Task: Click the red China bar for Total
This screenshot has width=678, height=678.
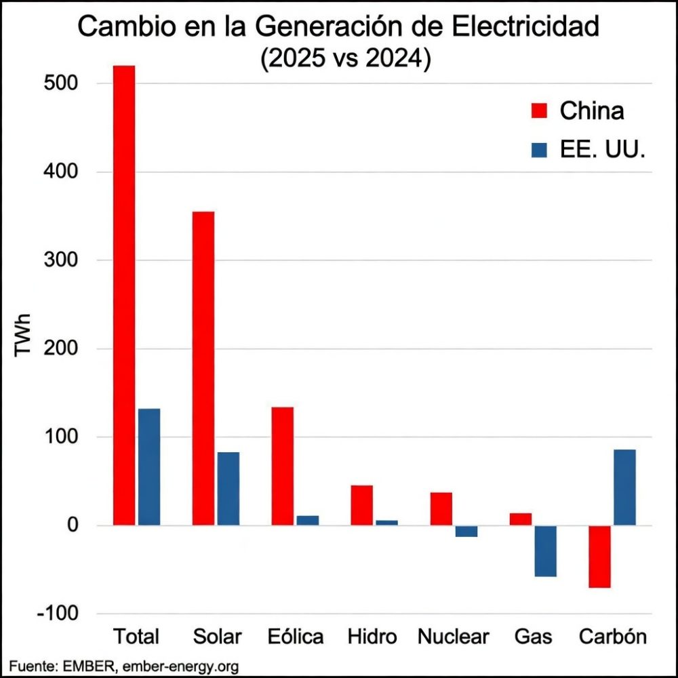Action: tap(124, 295)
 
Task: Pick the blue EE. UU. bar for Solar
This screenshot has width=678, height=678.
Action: tap(228, 488)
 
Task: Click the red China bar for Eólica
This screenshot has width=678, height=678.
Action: tap(282, 466)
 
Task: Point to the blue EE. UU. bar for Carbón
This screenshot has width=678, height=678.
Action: tap(624, 487)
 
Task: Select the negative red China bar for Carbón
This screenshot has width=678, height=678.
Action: tap(599, 557)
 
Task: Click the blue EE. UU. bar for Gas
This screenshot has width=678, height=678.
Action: tap(545, 551)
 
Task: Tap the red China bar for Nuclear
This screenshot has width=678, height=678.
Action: tap(441, 509)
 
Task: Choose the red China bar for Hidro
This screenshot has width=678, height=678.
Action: tap(361, 505)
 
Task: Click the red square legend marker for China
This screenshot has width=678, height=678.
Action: tap(539, 110)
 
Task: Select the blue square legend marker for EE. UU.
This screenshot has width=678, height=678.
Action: tap(539, 151)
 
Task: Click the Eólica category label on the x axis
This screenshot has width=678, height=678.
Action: tap(295, 637)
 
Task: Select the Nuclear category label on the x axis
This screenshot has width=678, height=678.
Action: tap(453, 637)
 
